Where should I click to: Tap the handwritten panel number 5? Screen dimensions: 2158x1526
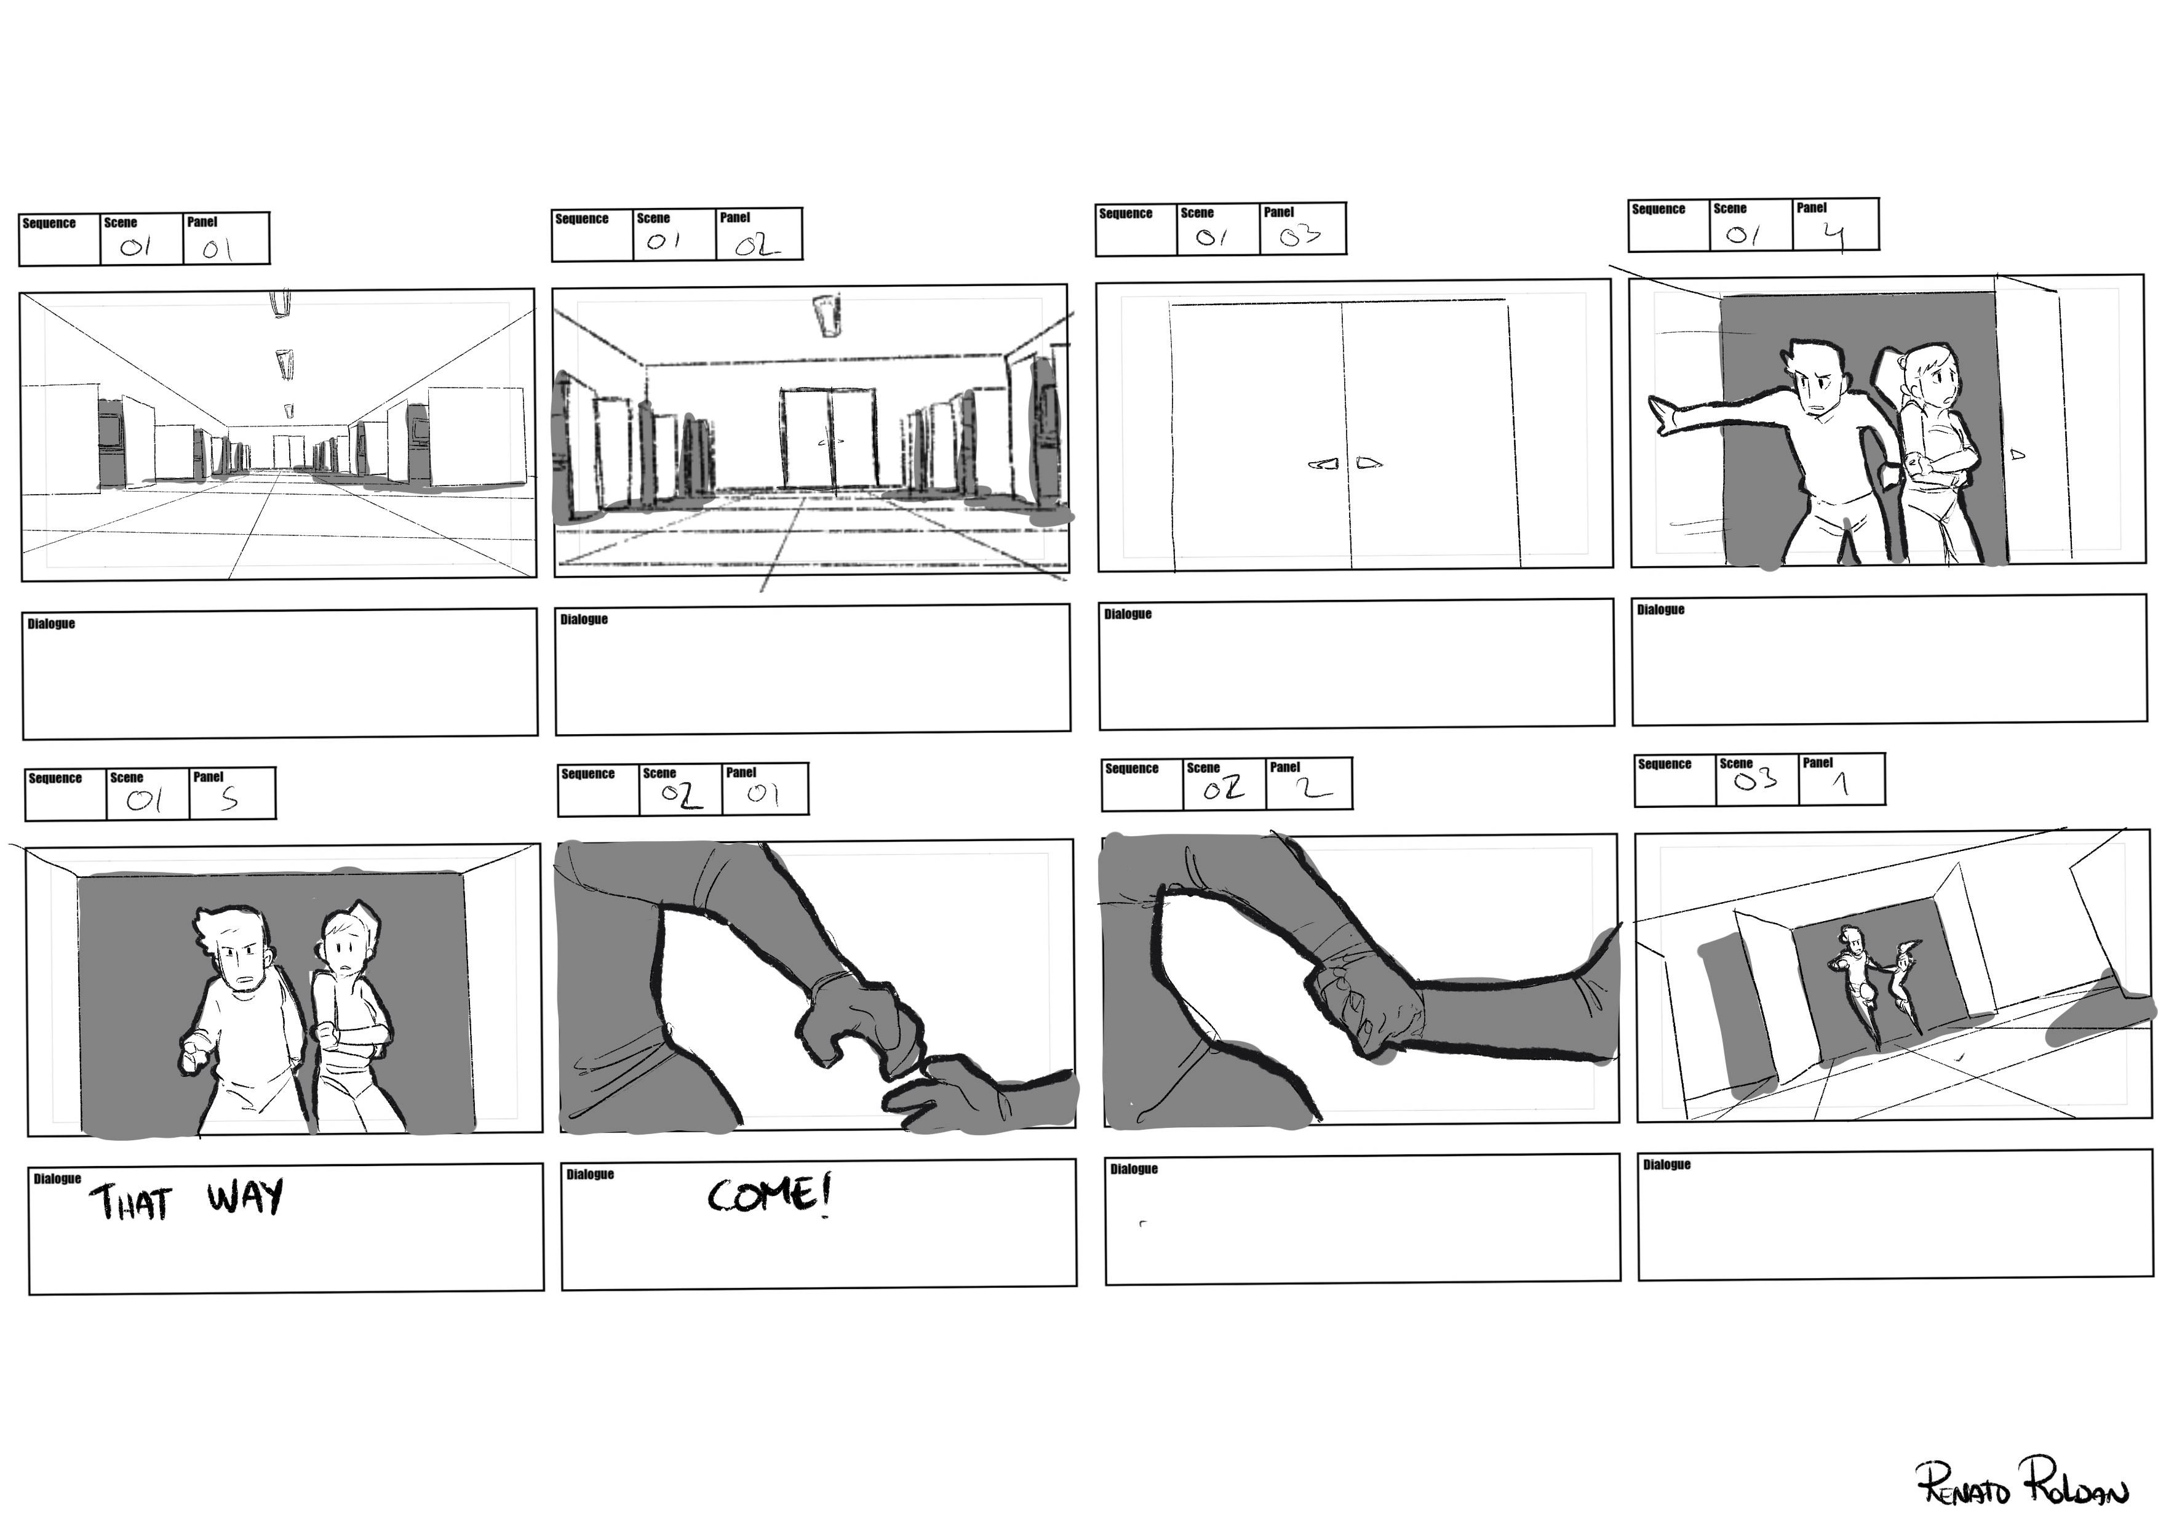coord(229,798)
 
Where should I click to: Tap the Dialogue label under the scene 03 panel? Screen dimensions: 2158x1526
coord(1666,1165)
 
